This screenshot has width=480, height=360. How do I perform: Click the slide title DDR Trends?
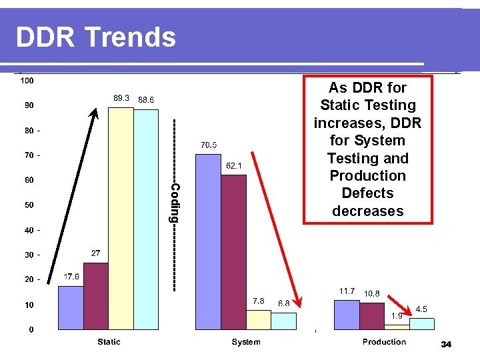pos(96,37)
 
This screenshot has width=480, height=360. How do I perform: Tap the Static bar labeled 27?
pos(95,296)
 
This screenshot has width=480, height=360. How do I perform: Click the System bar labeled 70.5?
pos(207,241)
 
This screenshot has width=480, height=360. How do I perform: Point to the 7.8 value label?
pos(259,301)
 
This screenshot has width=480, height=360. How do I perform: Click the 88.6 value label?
pos(146,99)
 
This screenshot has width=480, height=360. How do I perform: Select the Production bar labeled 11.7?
pos(346,315)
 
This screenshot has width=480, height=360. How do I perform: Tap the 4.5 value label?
pos(421,309)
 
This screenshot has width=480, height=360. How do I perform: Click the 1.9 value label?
pos(396,316)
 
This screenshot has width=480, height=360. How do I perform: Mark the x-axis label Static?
pos(109,342)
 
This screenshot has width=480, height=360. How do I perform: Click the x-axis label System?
pos(246,342)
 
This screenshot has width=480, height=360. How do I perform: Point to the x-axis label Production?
pos(384,342)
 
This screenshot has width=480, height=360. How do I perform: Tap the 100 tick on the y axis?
pos(27,81)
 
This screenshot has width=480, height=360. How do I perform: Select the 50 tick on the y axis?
pos(29,205)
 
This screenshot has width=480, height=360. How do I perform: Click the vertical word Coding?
pos(174,203)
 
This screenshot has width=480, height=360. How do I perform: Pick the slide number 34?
pos(447,345)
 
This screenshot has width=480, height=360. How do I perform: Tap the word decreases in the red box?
pos(367,211)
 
